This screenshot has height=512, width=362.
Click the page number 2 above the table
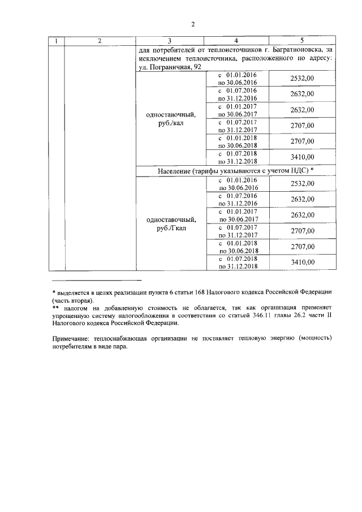point(193,24)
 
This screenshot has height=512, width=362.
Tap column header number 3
point(169,41)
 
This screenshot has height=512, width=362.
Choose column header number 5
point(301,41)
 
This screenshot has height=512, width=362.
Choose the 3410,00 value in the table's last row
point(301,263)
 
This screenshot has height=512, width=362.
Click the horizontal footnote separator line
point(96,280)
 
